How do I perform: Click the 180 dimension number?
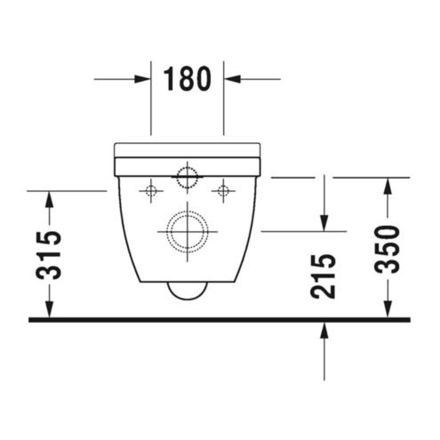pos(188,79)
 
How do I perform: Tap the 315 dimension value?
pos(49,255)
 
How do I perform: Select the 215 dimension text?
pos(323,276)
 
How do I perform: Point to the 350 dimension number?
pos(387,249)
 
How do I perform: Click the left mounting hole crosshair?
pos(151,191)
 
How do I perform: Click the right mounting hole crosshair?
pos(223,191)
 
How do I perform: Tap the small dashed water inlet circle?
pos(187,178)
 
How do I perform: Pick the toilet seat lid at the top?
pos(188,150)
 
